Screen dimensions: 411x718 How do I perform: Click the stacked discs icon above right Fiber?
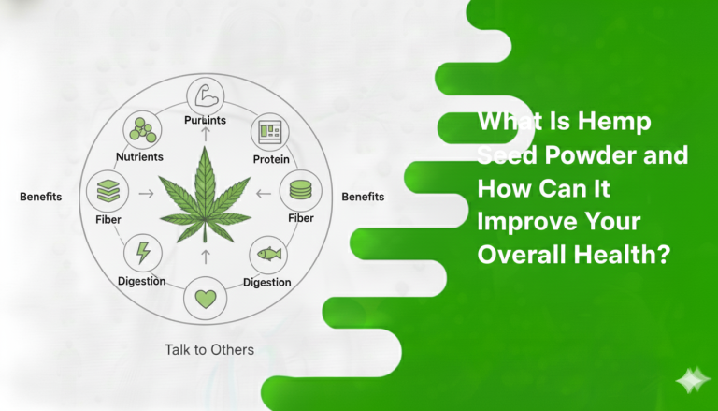(300, 191)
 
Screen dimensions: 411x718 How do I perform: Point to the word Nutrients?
(140, 156)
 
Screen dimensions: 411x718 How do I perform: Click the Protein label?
(271, 159)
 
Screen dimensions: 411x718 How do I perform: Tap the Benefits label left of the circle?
(40, 198)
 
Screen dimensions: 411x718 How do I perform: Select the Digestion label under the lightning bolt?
(142, 281)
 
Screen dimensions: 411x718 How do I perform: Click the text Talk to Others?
(209, 350)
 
